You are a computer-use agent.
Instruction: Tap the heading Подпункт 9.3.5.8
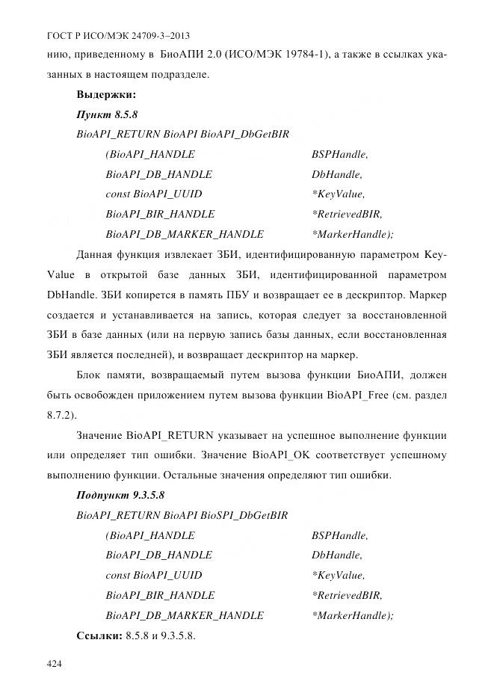[x=120, y=495]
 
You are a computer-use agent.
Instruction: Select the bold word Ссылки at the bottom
[x=99, y=635]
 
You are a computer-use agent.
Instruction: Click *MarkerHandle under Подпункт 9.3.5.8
[x=351, y=615]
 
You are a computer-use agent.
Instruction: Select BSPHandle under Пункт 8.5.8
[x=339, y=155]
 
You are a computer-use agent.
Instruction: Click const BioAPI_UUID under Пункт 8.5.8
[x=154, y=194]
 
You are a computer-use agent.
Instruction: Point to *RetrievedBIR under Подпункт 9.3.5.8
[x=346, y=595]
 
